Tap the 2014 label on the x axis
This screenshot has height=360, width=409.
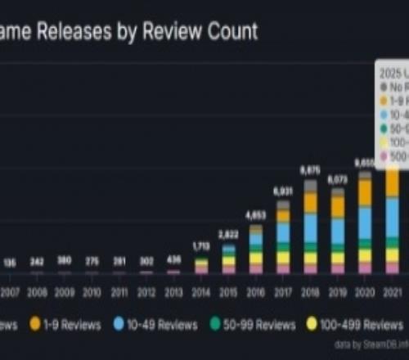pyautogui.click(x=201, y=290)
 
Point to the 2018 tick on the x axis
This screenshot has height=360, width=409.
pyautogui.click(x=310, y=290)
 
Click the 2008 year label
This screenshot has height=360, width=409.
pyautogui.click(x=37, y=290)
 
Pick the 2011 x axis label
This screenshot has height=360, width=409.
pyautogui.click(x=119, y=290)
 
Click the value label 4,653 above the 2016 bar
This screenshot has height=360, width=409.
pyautogui.click(x=256, y=215)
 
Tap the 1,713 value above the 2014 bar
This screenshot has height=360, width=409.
pyautogui.click(x=201, y=245)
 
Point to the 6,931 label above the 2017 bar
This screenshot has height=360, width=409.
pyautogui.click(x=283, y=190)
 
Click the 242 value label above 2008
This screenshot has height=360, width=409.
pyautogui.click(x=37, y=262)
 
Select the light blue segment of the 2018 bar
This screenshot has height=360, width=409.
pyautogui.click(x=310, y=229)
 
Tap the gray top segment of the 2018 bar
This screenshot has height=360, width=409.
pyautogui.click(x=310, y=186)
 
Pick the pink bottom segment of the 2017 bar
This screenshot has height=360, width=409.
pyautogui.click(x=283, y=268)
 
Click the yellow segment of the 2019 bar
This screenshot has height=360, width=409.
pyautogui.click(x=337, y=258)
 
